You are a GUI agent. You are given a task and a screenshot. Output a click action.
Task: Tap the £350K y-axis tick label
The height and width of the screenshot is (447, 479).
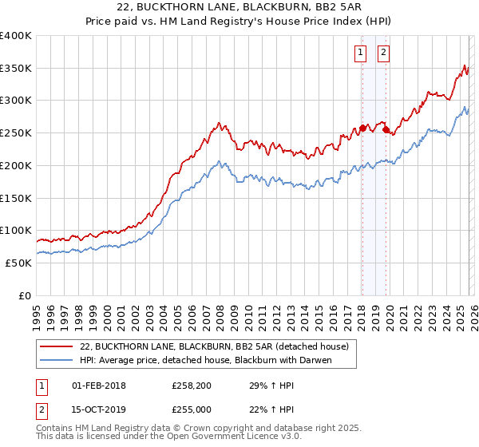16,69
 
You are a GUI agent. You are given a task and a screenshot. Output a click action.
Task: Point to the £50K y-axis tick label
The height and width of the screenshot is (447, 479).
18,263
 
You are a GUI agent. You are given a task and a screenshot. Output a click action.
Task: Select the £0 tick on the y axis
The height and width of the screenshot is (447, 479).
25,295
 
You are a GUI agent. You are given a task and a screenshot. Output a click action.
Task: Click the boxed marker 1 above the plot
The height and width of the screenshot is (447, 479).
360,53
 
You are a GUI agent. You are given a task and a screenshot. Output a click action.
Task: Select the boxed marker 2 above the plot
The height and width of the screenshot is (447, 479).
383,53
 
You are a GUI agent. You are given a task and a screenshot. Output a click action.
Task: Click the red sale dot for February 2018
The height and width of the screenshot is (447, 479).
362,128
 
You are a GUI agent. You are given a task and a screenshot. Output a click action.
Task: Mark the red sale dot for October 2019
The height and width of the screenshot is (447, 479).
386,129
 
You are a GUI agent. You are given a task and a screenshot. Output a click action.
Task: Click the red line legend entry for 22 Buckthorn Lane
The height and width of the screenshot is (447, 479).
214,346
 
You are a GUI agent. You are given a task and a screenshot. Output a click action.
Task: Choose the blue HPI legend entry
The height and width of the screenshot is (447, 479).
205,360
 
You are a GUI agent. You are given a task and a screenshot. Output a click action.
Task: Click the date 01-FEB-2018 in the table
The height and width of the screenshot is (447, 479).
99,386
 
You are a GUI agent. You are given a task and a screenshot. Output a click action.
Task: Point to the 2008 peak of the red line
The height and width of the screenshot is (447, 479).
218,123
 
